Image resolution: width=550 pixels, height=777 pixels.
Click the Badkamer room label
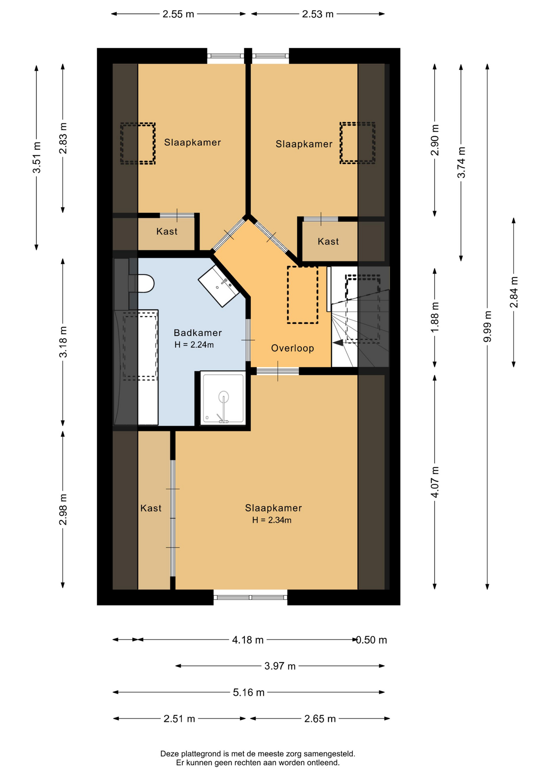(x=198, y=333)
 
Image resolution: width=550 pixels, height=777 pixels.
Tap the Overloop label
(x=292, y=348)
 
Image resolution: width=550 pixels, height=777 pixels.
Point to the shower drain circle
(x=224, y=397)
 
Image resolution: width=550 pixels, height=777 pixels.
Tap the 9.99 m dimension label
(x=488, y=326)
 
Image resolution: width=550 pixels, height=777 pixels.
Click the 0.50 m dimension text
(x=371, y=640)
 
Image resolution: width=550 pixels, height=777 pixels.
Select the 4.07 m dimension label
(x=435, y=482)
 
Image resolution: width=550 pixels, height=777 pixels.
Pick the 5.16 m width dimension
(x=249, y=692)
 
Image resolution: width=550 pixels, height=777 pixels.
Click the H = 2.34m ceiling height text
(x=272, y=520)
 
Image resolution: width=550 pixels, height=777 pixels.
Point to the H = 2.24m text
(x=194, y=345)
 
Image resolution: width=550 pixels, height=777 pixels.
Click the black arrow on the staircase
(x=338, y=343)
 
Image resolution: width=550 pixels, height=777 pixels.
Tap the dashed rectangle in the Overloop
(x=303, y=295)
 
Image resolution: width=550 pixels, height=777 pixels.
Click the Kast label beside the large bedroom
(x=151, y=508)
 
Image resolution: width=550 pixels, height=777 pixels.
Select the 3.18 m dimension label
(x=63, y=342)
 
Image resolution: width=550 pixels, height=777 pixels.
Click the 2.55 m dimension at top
(x=178, y=14)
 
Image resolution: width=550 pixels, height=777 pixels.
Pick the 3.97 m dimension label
(x=280, y=666)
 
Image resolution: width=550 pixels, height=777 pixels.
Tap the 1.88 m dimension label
(x=435, y=318)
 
